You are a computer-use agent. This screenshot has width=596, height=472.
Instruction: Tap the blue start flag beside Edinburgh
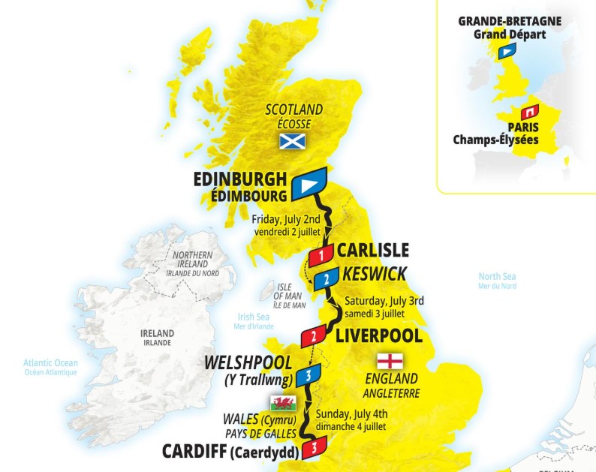pos(309,183)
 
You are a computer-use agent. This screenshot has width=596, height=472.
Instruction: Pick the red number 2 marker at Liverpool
pos(312,336)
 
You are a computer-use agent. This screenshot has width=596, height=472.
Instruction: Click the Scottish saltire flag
pos(293,140)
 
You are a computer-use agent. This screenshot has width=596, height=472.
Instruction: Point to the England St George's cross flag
pos(390,359)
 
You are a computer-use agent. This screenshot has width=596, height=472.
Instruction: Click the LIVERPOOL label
pos(379,335)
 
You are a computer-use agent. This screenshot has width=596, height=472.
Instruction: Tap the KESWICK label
pos(375,274)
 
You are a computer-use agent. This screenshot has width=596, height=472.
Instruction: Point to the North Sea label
pos(498,276)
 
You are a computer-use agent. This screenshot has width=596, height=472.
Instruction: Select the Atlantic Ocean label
pos(50,363)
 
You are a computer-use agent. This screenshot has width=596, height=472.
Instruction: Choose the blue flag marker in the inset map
pos(507,51)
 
